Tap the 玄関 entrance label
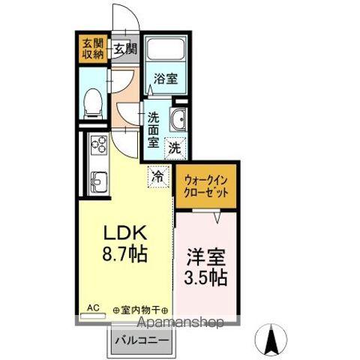coord(126,49)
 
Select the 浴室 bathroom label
coord(166,78)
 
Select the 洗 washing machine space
coord(174,147)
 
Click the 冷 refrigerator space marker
coord(157,176)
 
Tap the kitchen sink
coord(98,180)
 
